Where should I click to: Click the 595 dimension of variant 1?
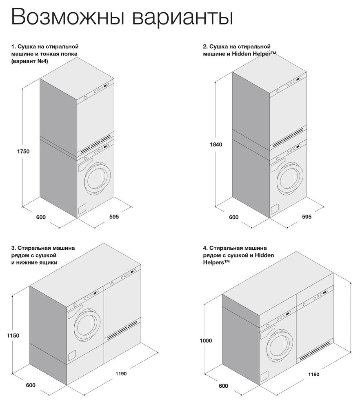point(114,217)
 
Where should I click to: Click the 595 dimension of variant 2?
point(307,217)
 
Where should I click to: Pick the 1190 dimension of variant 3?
point(121,373)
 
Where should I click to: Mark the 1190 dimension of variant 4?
point(313,374)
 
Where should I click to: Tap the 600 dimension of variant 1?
point(41,217)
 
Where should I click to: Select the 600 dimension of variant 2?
point(233,217)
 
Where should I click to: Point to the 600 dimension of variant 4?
point(223,386)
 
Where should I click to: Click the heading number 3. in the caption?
point(13,247)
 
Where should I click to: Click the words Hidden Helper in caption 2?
point(256,54)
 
